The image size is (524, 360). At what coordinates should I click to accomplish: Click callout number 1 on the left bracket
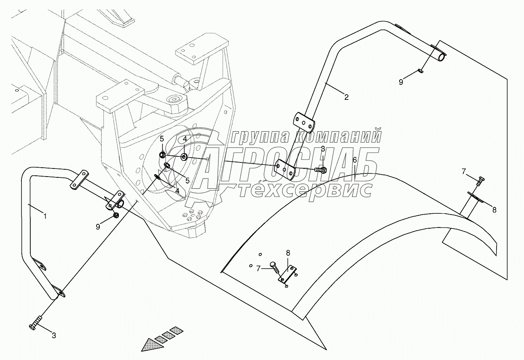pos(45,216)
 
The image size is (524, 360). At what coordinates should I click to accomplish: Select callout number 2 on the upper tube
pos(346,97)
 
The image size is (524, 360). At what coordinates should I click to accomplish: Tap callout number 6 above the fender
pos(354,160)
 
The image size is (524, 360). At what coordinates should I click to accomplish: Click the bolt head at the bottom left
pos(34,326)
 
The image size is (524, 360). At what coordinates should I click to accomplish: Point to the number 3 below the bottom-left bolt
pos(53,335)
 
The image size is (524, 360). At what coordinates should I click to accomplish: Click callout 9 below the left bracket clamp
pos(98,227)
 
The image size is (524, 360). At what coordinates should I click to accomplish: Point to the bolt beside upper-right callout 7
pos(480,181)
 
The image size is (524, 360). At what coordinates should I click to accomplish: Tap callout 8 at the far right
pos(494,209)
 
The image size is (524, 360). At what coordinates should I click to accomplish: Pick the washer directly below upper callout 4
pos(184,157)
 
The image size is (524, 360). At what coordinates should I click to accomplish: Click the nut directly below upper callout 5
pos(162,155)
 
